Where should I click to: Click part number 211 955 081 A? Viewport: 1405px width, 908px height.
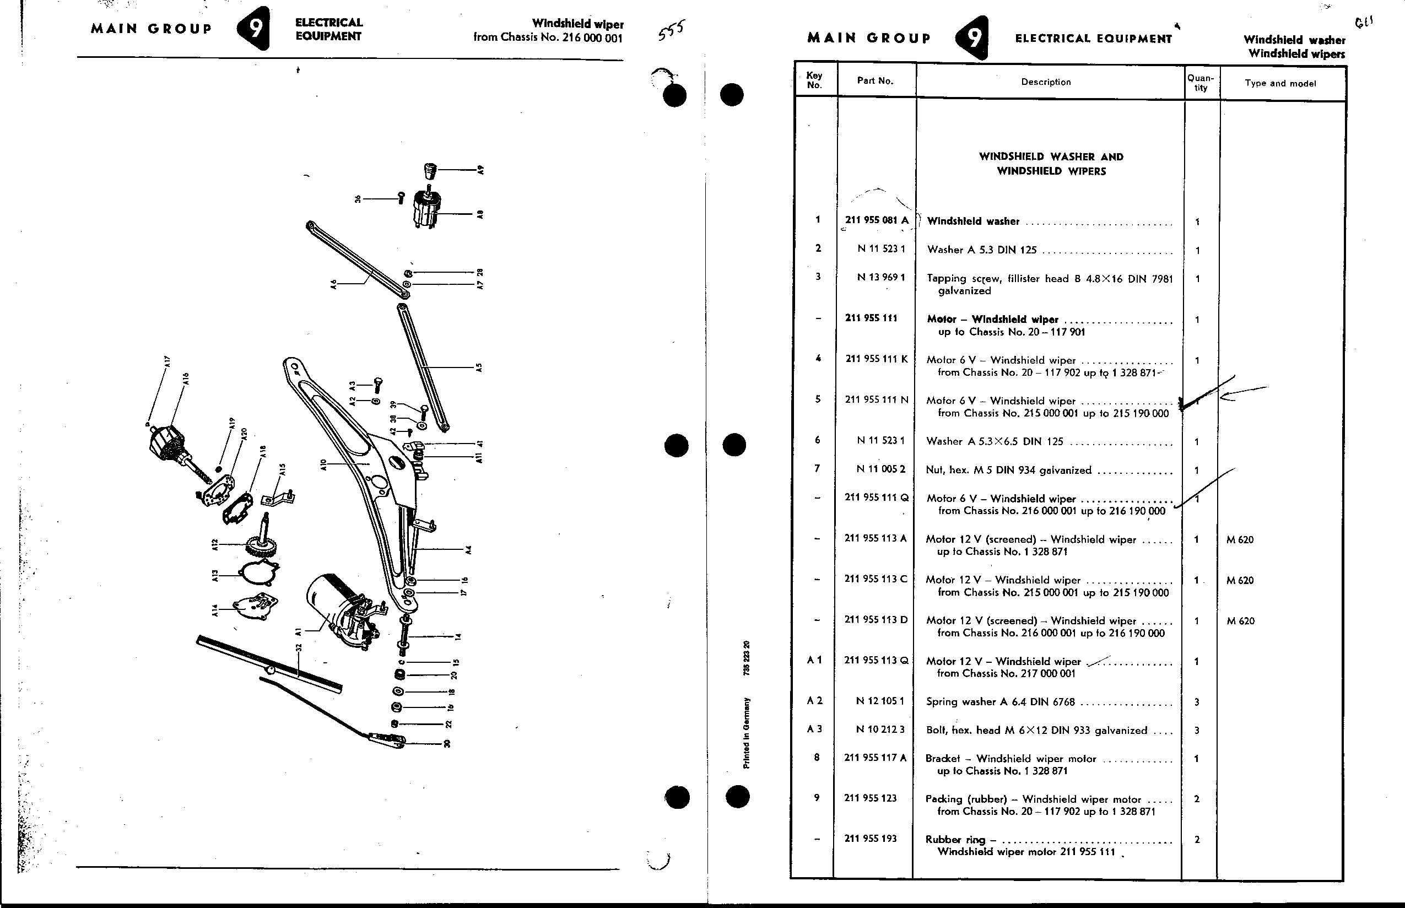pyautogui.click(x=877, y=220)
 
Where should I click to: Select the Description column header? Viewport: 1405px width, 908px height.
pyautogui.click(x=1046, y=82)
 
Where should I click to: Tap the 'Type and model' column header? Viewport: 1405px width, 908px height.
pyautogui.click(x=1280, y=83)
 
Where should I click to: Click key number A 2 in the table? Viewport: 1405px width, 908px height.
pyautogui.click(x=814, y=700)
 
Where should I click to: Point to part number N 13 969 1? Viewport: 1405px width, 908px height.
pyautogui.click(x=881, y=277)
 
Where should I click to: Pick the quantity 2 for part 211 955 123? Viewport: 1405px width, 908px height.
pyautogui.click(x=1196, y=799)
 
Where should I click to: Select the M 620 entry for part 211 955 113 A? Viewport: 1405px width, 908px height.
pyautogui.click(x=1240, y=539)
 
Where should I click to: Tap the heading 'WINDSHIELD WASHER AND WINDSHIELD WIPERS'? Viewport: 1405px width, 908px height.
pyautogui.click(x=1051, y=164)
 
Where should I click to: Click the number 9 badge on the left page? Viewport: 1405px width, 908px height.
pyautogui.click(x=254, y=28)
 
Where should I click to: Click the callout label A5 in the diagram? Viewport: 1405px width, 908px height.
pyautogui.click(x=479, y=367)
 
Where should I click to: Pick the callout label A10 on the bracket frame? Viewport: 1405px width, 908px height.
pyautogui.click(x=323, y=465)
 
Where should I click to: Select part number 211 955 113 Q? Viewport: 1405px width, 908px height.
pyautogui.click(x=876, y=661)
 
